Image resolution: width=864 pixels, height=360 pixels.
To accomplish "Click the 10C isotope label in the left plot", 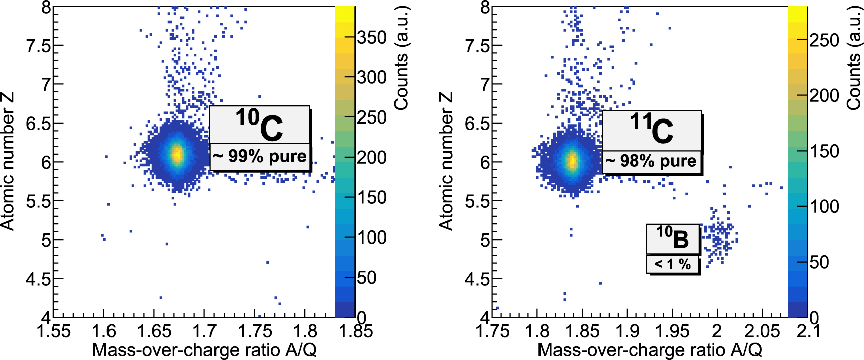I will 259,125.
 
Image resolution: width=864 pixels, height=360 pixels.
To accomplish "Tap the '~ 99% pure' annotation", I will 260,156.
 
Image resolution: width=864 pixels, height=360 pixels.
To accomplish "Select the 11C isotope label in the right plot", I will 652,130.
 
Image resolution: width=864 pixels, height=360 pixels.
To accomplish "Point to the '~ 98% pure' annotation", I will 651,161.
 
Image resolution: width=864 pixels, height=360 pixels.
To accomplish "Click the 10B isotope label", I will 673,238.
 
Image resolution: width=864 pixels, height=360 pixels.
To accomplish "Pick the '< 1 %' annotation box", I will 672,264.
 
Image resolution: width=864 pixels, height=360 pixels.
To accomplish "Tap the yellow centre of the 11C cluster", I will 572,161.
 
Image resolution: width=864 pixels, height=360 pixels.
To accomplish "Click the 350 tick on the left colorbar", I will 372,38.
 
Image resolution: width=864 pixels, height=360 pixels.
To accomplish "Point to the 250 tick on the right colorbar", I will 824,40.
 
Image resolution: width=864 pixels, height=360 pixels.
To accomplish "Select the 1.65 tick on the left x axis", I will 154,332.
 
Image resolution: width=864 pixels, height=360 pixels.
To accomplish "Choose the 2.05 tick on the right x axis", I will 762,332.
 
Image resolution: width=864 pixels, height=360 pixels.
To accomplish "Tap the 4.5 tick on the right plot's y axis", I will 477,279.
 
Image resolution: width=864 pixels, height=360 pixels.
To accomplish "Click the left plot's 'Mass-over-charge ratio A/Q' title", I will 204,350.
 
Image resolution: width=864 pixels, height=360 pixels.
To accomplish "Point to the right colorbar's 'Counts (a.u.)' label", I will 854,58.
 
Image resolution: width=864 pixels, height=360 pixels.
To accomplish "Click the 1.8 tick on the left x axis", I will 305,332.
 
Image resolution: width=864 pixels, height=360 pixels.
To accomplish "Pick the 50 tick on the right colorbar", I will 819,262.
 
